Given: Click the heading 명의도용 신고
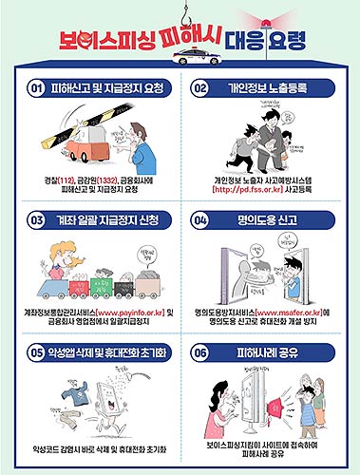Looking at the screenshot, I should pyautogui.click(x=269, y=219).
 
